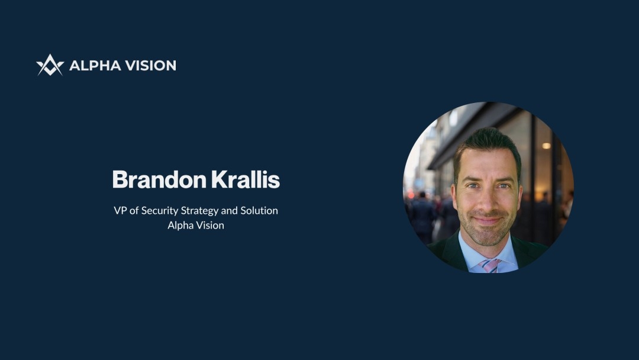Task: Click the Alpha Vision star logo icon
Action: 50,65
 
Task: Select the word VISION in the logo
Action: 150,66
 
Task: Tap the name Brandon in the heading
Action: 159,179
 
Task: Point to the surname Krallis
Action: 246,179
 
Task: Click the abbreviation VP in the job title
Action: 120,211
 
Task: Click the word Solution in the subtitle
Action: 259,211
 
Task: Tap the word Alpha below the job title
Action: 180,226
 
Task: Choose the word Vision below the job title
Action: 210,226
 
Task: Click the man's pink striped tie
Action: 490,265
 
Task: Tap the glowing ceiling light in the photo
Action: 546,146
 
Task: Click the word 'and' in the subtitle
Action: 229,211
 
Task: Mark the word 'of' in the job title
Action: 134,211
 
